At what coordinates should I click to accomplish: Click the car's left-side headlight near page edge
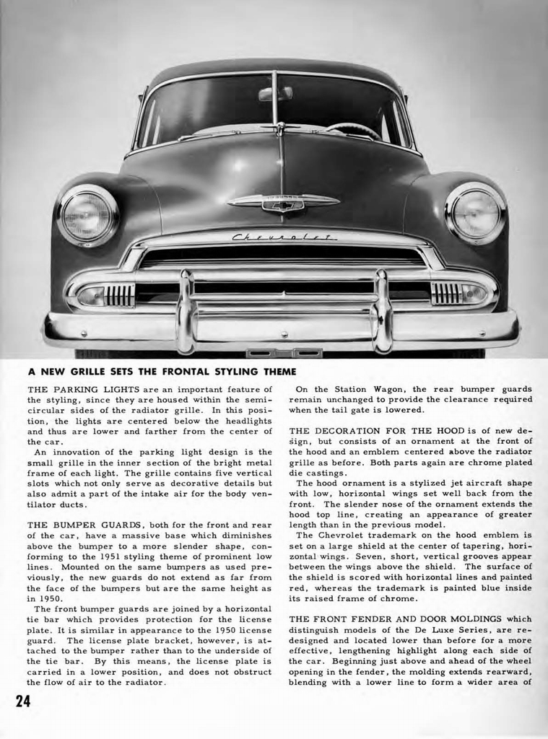pyautogui.click(x=87, y=215)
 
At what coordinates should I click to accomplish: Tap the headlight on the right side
pyautogui.click(x=474, y=213)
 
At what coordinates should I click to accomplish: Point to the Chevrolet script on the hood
pyautogui.click(x=284, y=237)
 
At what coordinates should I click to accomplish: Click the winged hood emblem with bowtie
pyautogui.click(x=283, y=203)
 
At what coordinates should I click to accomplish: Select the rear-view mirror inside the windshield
pyautogui.click(x=275, y=94)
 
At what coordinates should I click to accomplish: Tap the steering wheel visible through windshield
pyautogui.click(x=353, y=131)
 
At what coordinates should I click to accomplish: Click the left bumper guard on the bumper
pyautogui.click(x=186, y=311)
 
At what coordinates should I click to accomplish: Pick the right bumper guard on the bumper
pyautogui.click(x=381, y=311)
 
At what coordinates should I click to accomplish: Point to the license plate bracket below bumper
pyautogui.click(x=284, y=353)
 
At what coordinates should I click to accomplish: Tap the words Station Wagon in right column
pyautogui.click(x=359, y=389)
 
